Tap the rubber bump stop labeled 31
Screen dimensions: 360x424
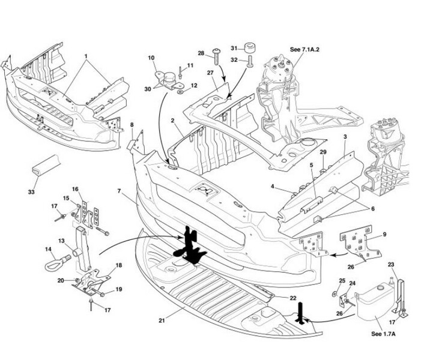(x=249, y=49)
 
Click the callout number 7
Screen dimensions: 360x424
(x=120, y=190)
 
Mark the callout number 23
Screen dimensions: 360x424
(x=391, y=265)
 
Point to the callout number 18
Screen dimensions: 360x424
(x=118, y=265)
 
